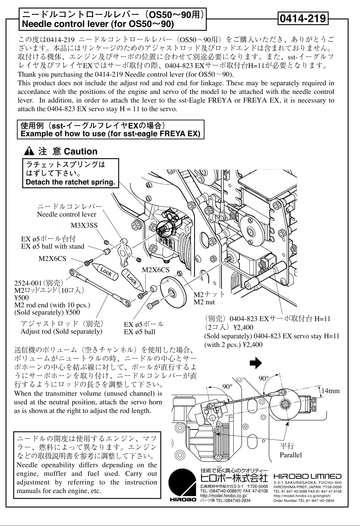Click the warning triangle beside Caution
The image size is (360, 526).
[31, 151]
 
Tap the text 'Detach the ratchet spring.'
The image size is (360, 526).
[70, 182]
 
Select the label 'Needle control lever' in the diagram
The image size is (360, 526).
[67, 215]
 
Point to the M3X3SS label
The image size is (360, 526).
[84, 226]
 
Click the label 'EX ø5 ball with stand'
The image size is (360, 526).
[52, 246]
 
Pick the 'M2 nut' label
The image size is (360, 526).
[204, 302]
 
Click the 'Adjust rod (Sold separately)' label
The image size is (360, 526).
[61, 331]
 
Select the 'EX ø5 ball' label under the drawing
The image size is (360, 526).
[139, 332]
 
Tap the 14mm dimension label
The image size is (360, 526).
[330, 391]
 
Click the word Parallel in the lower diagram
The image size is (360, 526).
[291, 455]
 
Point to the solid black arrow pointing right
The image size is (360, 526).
[255, 363]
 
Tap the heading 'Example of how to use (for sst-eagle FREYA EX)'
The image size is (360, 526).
[110, 134]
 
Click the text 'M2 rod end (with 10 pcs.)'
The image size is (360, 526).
[52, 305]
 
